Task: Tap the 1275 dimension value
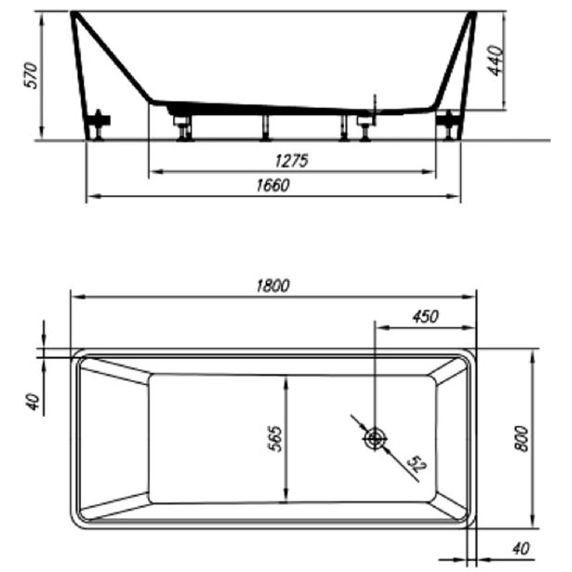coord(291,161)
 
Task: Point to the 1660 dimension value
coord(273,185)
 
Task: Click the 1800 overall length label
coord(273,286)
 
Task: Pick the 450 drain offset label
coord(424,316)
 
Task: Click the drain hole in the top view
coord(375,438)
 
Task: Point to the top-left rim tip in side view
coord(73,14)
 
